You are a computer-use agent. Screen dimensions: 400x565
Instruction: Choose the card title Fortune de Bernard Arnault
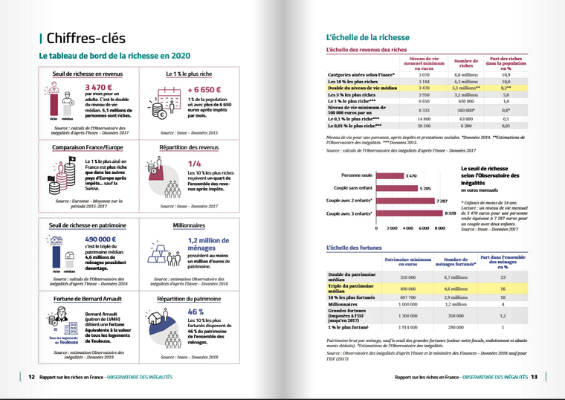[82, 298]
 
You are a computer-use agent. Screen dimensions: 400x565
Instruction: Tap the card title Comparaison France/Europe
[83, 147]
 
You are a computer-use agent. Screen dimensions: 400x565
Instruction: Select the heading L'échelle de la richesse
[364, 36]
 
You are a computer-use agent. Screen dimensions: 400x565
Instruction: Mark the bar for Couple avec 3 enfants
[413, 213]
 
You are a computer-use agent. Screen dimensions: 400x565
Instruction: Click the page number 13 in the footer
[534, 377]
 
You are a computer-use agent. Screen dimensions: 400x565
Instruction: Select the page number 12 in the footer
[31, 377]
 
